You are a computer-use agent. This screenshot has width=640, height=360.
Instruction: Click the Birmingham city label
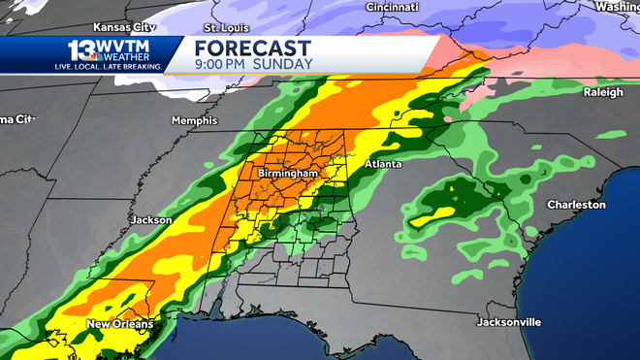[287, 173]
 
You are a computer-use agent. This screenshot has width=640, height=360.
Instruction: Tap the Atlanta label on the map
[383, 165]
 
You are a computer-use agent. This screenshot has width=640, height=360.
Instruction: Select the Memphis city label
[191, 120]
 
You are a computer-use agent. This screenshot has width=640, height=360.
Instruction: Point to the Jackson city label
[150, 220]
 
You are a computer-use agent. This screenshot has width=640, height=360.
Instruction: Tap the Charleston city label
[576, 205]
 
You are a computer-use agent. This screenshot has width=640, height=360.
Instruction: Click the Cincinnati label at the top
[392, 7]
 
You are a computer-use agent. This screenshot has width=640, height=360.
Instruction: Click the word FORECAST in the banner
[252, 49]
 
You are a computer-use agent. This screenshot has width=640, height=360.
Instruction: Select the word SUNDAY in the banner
[283, 65]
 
